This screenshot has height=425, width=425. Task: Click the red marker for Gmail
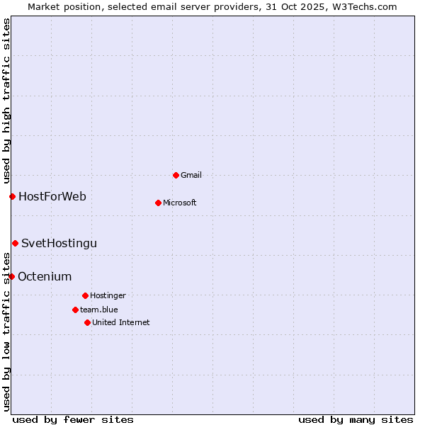[176, 175]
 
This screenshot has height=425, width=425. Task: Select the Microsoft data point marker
[158, 203]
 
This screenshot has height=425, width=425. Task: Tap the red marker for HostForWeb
[12, 196]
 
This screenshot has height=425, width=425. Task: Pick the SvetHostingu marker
[15, 243]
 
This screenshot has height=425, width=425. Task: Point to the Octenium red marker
[11, 276]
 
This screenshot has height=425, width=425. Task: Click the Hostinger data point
[85, 295]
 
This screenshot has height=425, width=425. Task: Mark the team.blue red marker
[75, 310]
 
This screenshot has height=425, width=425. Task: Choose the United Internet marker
[87, 322]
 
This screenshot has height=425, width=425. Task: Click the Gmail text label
[191, 175]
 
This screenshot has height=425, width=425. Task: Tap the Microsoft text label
[180, 203]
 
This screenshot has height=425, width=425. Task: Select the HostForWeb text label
[52, 196]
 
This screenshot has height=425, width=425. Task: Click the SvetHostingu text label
[59, 243]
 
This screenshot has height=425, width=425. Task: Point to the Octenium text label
[45, 276]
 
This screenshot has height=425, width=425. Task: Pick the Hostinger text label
[108, 295]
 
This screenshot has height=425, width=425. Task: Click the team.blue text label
[99, 310]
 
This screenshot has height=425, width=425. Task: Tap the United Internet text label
[121, 322]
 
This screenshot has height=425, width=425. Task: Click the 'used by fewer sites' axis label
[73, 419]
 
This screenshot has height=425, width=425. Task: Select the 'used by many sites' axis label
[356, 419]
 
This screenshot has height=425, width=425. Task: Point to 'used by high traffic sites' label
[6, 99]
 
